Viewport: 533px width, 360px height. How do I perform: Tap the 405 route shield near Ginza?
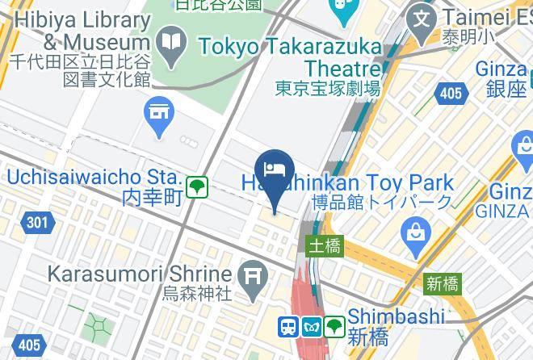point(451,94)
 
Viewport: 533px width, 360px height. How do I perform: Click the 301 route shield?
point(35,222)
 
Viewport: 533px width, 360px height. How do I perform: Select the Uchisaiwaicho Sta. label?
point(93,176)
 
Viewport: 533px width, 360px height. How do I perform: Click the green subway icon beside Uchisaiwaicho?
point(197,188)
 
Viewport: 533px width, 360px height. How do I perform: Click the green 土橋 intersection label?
point(324,245)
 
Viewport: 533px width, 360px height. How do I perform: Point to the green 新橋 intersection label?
point(443,283)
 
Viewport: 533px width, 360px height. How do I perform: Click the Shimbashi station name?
point(397,316)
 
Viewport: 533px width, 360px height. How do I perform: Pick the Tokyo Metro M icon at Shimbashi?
point(312,327)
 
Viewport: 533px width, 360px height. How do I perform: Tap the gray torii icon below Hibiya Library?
point(158,112)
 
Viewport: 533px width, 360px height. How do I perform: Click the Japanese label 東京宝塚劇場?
point(327,89)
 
